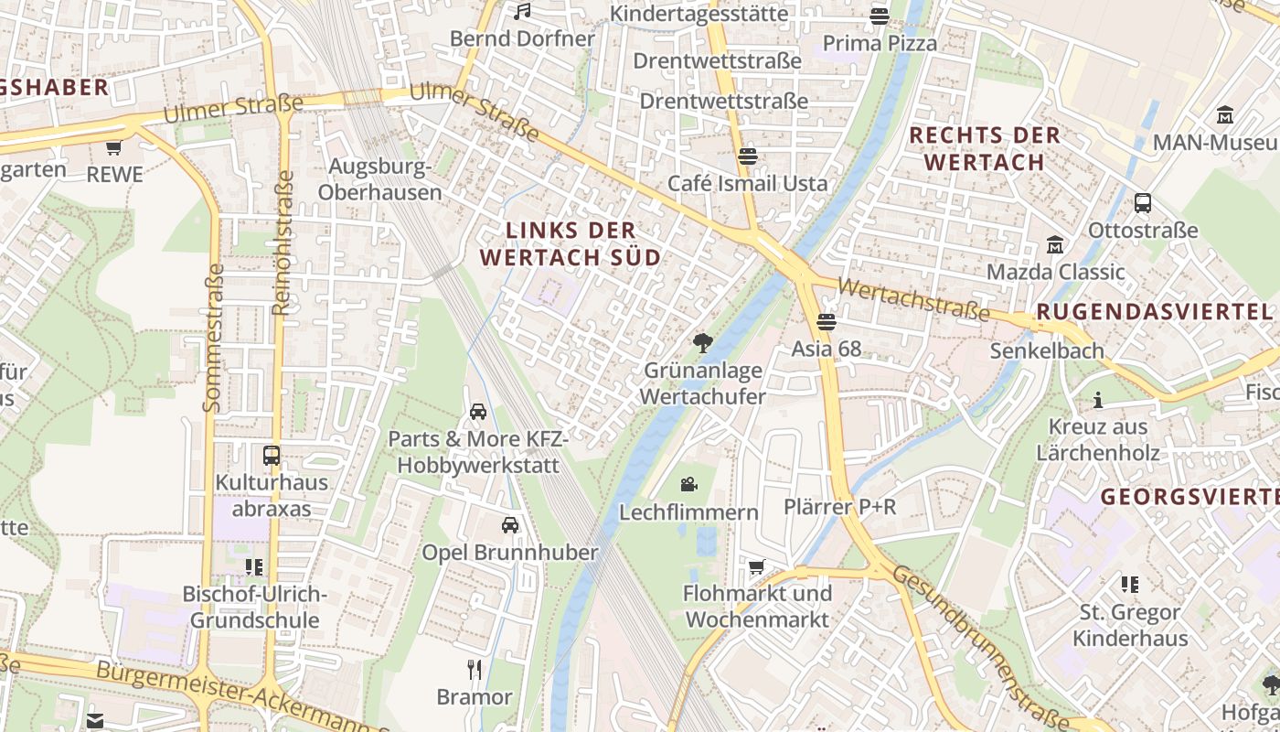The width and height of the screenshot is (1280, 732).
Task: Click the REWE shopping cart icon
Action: click(113, 146)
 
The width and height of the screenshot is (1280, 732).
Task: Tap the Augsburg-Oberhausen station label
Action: click(379, 179)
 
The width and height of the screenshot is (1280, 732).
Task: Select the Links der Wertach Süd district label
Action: click(570, 243)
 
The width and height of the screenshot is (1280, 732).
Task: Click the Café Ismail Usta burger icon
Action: click(748, 156)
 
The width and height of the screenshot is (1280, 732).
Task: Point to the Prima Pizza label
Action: click(880, 43)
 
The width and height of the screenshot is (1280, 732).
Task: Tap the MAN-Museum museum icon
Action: click(1225, 115)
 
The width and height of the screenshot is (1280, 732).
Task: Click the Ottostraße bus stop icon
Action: click(1142, 203)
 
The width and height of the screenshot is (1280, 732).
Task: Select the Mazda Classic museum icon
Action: click(1055, 245)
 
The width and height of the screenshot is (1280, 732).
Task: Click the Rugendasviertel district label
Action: click(1154, 313)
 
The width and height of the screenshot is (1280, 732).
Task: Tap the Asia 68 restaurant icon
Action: click(827, 321)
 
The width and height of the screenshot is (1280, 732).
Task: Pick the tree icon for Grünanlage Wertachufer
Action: click(702, 344)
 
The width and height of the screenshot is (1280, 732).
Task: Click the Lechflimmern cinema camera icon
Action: click(688, 484)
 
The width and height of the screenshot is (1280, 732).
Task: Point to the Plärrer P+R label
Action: click(839, 507)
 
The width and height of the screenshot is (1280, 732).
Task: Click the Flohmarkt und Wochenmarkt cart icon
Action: click(756, 567)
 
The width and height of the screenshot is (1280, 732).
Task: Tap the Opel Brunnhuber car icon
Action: click(510, 525)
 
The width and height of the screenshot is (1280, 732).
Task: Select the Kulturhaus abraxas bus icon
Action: click(272, 455)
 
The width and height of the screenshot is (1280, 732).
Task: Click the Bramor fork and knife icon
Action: click(474, 670)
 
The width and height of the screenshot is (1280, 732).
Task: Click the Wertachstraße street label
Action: click(912, 300)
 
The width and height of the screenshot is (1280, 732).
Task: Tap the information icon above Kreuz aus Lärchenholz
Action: click(1098, 401)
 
